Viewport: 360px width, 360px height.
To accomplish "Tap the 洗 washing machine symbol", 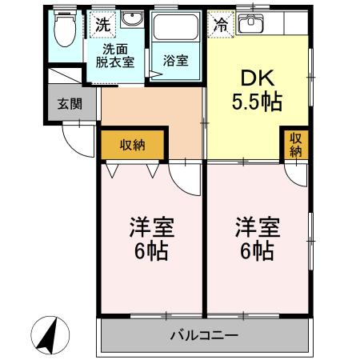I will (x=101, y=25).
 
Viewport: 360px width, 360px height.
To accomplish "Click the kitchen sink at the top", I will (x=254, y=24).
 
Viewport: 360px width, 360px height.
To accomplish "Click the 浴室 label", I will (x=176, y=60).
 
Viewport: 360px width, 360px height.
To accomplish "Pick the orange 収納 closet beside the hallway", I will (x=133, y=145).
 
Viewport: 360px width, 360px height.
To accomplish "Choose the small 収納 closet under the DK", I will (x=296, y=146).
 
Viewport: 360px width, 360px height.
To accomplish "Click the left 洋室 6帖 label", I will (x=150, y=238).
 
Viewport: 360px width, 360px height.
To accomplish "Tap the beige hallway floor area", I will (x=152, y=112).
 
